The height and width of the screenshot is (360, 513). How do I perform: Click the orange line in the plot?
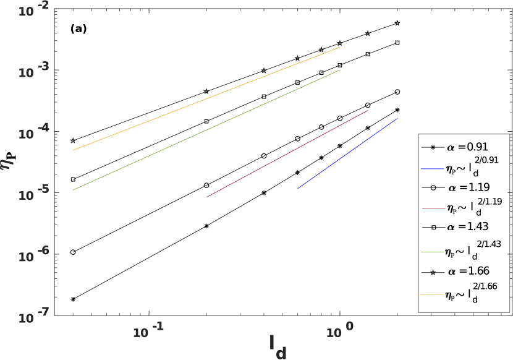[x=206, y=99]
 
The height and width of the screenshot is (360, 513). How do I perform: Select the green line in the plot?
[x=206, y=130]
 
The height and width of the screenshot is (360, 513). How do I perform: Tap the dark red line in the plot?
[x=287, y=153]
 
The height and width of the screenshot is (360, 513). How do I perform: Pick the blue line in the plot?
[x=348, y=153]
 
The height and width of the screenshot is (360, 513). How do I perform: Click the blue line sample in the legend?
[x=432, y=168]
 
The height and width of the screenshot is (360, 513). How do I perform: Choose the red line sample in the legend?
[x=433, y=208]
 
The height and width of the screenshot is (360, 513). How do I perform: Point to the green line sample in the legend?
[x=432, y=252]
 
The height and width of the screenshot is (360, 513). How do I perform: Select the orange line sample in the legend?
[x=432, y=294]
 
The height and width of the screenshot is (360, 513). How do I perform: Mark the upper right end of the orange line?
[x=340, y=47]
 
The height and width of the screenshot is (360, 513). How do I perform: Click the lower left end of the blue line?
[x=298, y=188]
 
